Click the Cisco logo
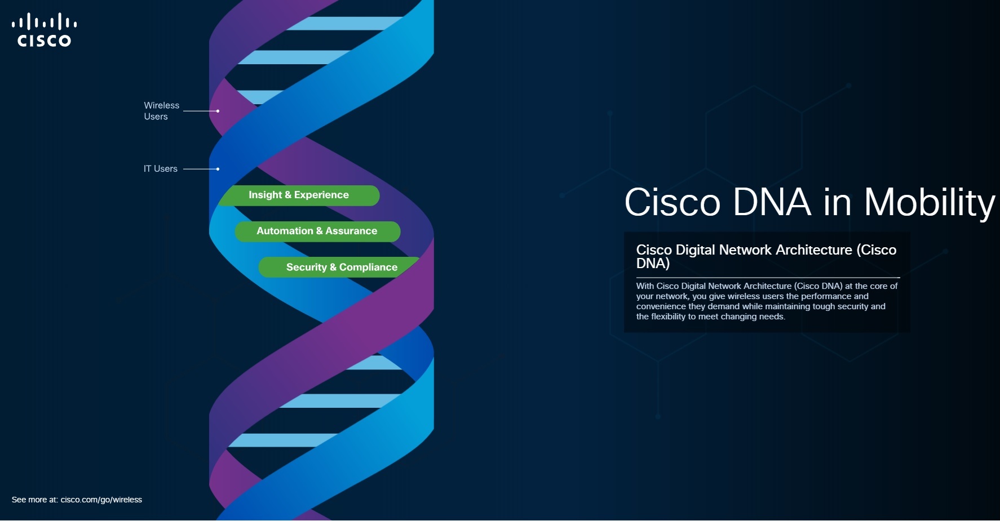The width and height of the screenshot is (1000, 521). pyautogui.click(x=44, y=30)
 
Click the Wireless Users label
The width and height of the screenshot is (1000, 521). pyautogui.click(x=161, y=111)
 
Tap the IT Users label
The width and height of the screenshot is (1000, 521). pyautogui.click(x=160, y=168)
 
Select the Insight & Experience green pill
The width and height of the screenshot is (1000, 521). pyautogui.click(x=299, y=195)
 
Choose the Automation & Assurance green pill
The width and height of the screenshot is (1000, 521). pyautogui.click(x=317, y=231)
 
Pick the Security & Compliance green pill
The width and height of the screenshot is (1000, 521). pyautogui.click(x=342, y=268)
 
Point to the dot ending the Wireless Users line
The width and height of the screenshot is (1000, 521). pyautogui.click(x=218, y=111)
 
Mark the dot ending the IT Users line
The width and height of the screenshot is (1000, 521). pyautogui.click(x=218, y=169)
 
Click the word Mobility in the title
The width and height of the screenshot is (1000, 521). pyautogui.click(x=930, y=202)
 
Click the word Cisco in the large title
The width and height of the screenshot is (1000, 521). pyautogui.click(x=672, y=202)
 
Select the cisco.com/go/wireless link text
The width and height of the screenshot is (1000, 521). pyautogui.click(x=101, y=500)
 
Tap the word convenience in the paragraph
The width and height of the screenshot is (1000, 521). pyautogui.click(x=661, y=306)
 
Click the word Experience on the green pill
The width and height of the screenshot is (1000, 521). pyautogui.click(x=321, y=195)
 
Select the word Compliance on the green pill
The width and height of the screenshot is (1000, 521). pyautogui.click(x=368, y=267)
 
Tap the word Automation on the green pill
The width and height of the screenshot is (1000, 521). pyautogui.click(x=285, y=231)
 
